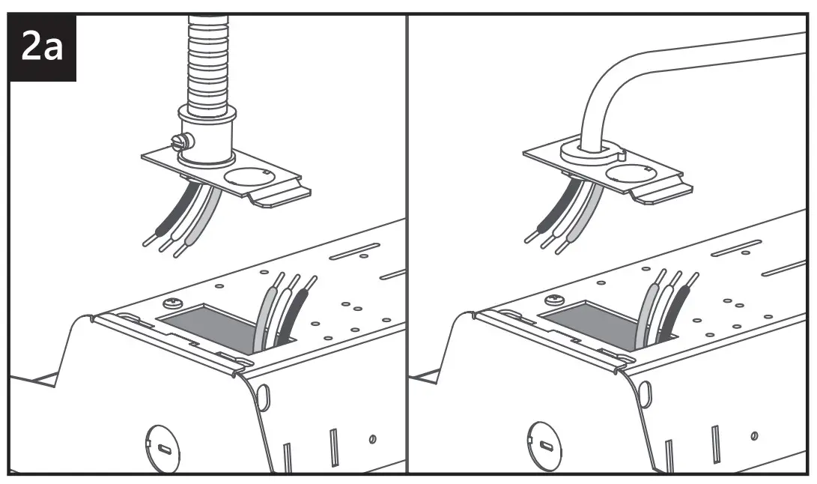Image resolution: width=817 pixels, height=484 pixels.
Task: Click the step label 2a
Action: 43,46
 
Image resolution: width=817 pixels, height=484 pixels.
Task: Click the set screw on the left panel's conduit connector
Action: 179,140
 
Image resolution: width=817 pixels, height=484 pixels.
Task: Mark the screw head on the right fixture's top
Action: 556,300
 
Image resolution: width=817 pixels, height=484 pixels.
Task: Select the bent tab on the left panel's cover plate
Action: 282,196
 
